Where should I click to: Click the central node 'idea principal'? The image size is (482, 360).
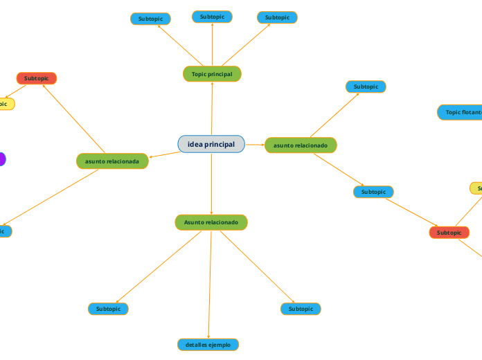[211, 144]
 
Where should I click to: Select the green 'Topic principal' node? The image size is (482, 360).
[212, 73]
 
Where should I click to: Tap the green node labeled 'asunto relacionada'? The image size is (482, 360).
[111, 161]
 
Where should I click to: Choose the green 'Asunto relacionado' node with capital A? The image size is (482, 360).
[211, 222]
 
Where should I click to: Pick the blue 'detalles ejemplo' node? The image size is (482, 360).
[208, 344]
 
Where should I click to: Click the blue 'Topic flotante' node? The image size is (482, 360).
[461, 112]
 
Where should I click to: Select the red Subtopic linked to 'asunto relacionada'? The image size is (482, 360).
[36, 78]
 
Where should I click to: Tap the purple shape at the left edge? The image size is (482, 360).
[2, 159]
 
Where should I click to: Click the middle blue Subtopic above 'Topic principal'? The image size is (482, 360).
[212, 17]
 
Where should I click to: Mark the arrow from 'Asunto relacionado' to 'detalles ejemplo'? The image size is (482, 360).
[209, 284]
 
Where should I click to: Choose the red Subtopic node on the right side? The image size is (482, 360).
[449, 233]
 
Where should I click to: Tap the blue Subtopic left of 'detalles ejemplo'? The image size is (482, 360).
[108, 309]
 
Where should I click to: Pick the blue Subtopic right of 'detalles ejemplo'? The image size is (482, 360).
[301, 309]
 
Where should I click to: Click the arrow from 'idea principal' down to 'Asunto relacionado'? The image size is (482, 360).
[211, 183]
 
